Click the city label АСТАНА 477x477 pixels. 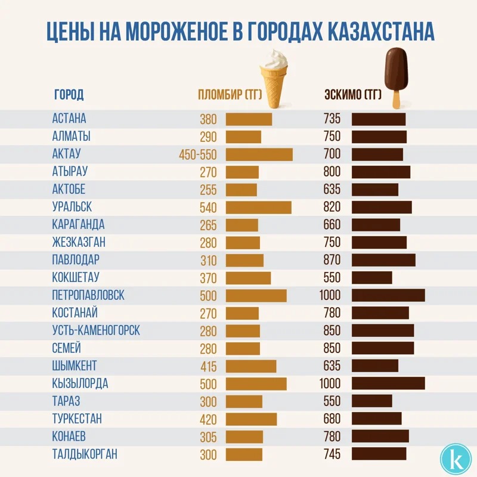(x=69, y=118)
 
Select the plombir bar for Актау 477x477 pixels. (x=259, y=154)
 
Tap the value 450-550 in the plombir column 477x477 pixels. (x=197, y=155)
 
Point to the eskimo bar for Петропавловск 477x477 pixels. (x=388, y=295)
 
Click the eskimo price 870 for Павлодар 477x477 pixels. (x=332, y=260)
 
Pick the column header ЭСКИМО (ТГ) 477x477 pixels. (x=352, y=95)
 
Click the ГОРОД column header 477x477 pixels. (x=69, y=95)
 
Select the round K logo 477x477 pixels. (x=455, y=457)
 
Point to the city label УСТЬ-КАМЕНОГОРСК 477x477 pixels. (x=96, y=330)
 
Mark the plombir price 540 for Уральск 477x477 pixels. (x=208, y=207)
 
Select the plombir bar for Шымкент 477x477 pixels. (x=250, y=366)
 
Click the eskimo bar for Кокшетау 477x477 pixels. (x=371, y=278)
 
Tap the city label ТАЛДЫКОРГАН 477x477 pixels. (x=84, y=454)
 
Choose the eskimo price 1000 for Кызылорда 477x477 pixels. (x=329, y=383)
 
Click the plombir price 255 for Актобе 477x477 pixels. (x=208, y=190)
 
